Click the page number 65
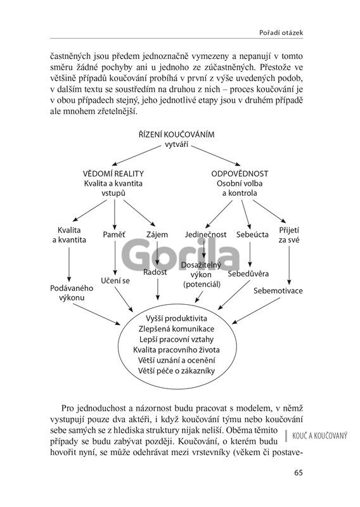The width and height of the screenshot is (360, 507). tap(299, 473)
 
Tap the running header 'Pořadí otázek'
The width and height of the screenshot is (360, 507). tap(281, 33)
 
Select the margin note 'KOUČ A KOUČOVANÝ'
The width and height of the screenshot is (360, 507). tap(319, 436)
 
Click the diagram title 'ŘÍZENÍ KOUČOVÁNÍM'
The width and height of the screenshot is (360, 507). tap(177, 134)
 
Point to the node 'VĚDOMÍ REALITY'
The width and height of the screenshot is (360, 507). tap(113, 174)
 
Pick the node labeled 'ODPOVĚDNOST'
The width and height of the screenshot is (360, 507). tap(240, 174)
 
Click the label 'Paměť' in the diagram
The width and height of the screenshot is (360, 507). tap(114, 234)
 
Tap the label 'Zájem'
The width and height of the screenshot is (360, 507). tap(157, 234)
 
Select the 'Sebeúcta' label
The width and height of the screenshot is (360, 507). tap(252, 234)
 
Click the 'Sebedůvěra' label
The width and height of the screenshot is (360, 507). tap(248, 274)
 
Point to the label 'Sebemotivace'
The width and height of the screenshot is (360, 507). tap(278, 290)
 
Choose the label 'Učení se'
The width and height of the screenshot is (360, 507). tap(115, 281)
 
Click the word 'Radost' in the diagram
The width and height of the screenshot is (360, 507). tap(155, 273)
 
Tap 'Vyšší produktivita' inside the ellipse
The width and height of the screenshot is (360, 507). tap(176, 319)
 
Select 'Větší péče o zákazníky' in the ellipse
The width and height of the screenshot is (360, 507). tap(176, 371)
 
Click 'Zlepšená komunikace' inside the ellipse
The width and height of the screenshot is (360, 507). tap(176, 329)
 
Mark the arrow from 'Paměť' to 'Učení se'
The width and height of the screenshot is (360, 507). tap(115, 257)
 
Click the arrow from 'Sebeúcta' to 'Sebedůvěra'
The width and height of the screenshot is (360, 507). tap(250, 254)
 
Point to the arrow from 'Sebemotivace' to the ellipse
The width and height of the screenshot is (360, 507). tap(256, 311)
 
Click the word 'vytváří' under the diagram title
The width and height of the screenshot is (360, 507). tap(177, 144)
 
